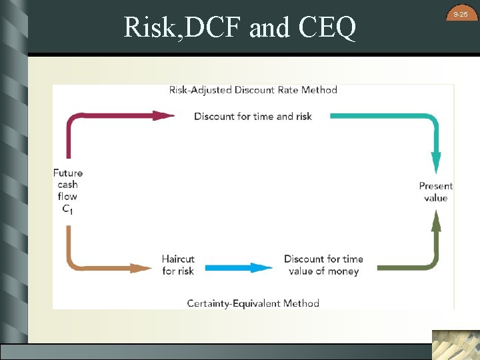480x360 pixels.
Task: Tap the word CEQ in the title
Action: coord(327,28)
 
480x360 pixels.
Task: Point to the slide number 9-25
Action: coord(461,14)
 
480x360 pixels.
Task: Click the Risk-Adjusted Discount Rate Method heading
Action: coord(253,89)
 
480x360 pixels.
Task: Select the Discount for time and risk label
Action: coord(253,116)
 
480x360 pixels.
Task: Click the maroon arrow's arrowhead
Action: coord(164,115)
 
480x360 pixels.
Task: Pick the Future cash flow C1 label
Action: coord(68,191)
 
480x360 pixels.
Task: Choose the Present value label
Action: coord(435,191)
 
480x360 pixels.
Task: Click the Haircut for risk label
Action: coord(178,265)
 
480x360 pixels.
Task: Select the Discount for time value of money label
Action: coord(323,265)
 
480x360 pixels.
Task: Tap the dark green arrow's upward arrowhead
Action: coord(436,220)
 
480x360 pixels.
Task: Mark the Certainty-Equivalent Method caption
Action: coord(253,303)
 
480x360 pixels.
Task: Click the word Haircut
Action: coord(178,259)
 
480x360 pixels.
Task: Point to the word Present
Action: coord(435,185)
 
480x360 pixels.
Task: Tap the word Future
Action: coord(68,173)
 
